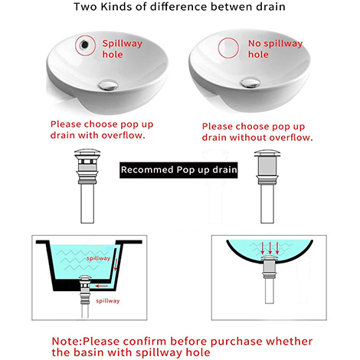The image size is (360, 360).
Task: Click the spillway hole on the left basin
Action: point(82,45)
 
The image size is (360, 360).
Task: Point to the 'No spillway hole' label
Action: point(263,50)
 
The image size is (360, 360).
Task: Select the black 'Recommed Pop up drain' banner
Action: point(181,169)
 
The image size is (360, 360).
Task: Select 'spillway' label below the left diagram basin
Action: point(107,300)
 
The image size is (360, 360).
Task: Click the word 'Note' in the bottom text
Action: point(67,340)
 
